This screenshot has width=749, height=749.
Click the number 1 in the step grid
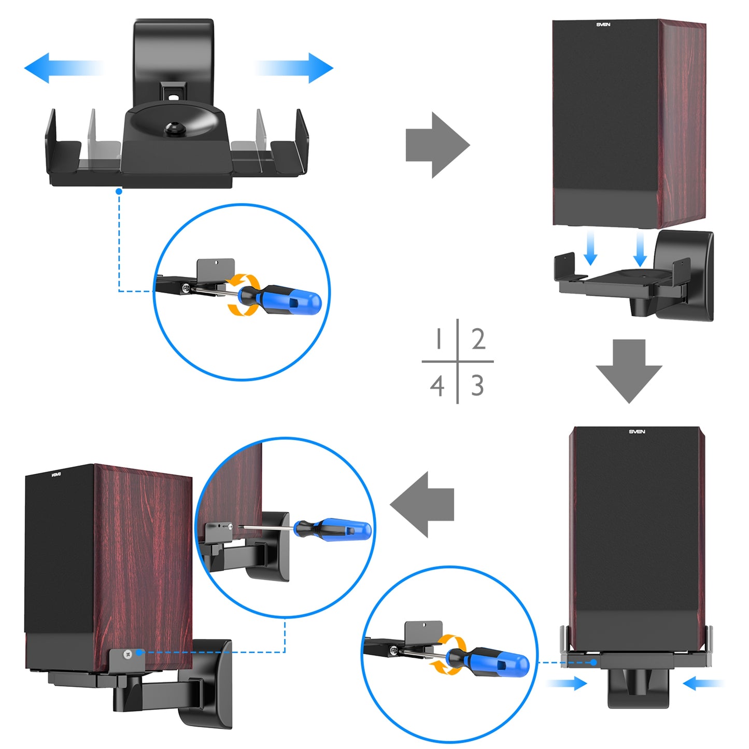click(439, 339)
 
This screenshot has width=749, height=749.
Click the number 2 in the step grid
click(478, 339)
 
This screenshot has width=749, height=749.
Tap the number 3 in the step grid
click(477, 386)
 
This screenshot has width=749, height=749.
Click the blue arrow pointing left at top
click(57, 68)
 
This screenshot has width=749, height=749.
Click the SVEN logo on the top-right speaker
click(603, 24)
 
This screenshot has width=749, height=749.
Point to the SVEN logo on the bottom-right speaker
click(637, 431)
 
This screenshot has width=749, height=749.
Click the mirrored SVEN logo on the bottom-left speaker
click(57, 474)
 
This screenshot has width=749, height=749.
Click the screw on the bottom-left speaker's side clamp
click(127, 655)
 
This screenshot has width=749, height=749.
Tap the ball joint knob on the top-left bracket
click(171, 129)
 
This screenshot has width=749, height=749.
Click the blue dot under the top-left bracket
click(119, 191)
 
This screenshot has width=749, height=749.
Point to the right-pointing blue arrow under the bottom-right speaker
click(568, 684)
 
